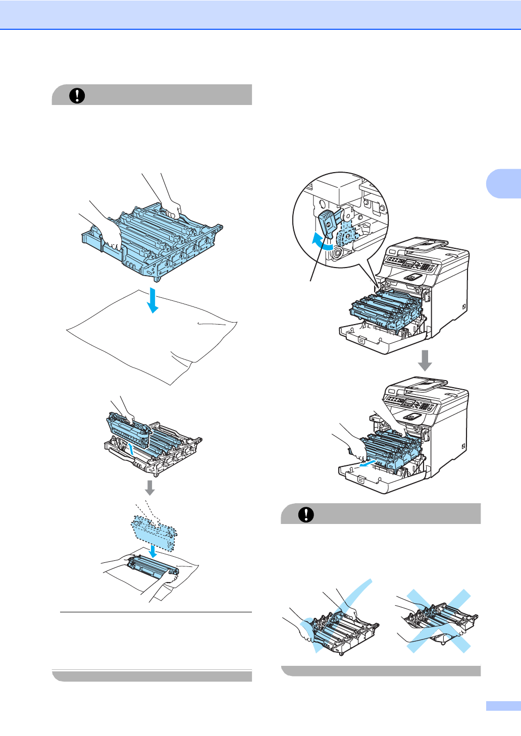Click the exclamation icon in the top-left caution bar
(77, 95)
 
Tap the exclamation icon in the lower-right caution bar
(306, 514)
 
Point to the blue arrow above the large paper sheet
(152, 300)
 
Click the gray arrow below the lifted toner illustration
(149, 488)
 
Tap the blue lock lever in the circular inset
(328, 222)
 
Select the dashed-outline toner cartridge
(154, 533)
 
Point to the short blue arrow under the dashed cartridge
(153, 552)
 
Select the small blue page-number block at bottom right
(503, 706)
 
